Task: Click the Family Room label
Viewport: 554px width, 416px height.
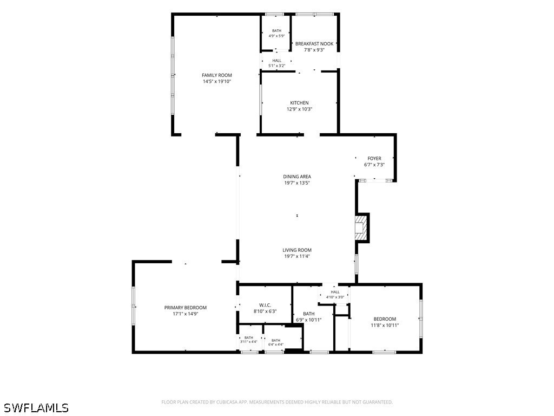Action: click(217, 75)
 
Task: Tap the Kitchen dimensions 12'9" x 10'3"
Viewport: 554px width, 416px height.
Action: click(299, 109)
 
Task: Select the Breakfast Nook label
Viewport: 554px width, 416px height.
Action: click(314, 44)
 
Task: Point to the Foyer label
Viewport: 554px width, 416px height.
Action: click(374, 159)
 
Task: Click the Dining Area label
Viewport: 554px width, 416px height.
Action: click(297, 177)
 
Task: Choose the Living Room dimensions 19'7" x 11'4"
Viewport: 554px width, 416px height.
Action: click(297, 256)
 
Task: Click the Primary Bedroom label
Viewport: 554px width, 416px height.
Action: click(186, 308)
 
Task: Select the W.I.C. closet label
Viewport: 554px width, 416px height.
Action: click(265, 305)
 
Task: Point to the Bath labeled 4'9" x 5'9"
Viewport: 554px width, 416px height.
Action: click(276, 33)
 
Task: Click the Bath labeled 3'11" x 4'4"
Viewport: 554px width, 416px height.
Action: click(249, 340)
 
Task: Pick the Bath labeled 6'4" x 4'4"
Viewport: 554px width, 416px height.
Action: click(276, 342)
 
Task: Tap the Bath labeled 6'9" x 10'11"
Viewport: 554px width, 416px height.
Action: click(309, 316)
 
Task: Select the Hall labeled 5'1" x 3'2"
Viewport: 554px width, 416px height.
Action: click(277, 63)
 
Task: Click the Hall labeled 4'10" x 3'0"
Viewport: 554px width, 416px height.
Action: click(335, 295)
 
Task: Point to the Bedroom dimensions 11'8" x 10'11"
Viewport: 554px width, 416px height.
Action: click(385, 326)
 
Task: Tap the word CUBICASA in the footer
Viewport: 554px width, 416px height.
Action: click(229, 402)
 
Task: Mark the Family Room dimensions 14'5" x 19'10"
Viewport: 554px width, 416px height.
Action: click(217, 81)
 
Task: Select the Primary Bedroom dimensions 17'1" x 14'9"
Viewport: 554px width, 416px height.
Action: click(186, 314)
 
